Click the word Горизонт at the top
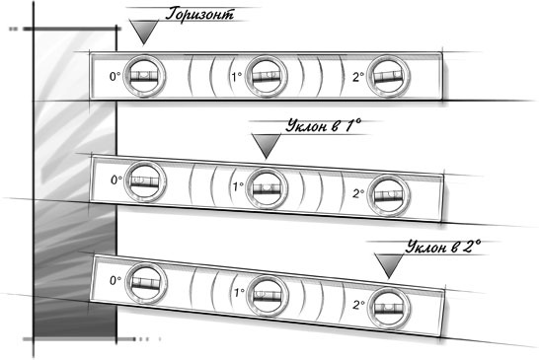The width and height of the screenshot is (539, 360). click(199, 14)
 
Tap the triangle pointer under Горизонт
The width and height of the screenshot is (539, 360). click(144, 32)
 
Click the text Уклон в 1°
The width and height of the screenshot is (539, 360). click(324, 126)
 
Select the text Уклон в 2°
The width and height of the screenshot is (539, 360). click(443, 247)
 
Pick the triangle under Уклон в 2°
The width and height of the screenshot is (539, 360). click(389, 265)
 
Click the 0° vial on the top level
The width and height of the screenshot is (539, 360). click(144, 76)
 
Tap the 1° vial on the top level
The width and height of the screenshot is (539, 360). click(267, 76)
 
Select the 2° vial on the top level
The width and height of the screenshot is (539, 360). click(388, 76)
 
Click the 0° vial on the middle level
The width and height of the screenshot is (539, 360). click(145, 181)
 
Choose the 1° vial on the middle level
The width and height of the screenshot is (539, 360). click(267, 188)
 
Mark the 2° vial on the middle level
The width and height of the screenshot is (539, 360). click(388, 195)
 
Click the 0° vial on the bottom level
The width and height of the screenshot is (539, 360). click(146, 283)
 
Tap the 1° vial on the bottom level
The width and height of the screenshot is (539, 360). click(268, 296)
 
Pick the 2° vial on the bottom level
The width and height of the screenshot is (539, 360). click(389, 308)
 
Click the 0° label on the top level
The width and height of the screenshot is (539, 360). click(115, 76)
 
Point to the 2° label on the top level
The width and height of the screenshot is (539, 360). click(358, 77)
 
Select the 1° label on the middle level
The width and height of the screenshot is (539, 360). click(238, 186)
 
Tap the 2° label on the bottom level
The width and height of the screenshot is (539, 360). click(358, 305)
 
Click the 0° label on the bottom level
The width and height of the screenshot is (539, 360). click(115, 281)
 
